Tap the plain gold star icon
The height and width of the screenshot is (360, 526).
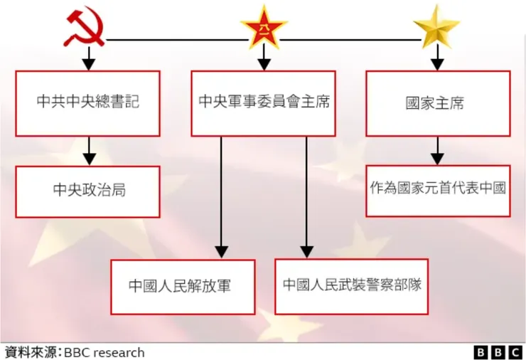coord(436,27)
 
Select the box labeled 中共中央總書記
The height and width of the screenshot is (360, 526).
coord(87,103)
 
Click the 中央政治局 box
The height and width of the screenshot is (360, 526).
coord(87,191)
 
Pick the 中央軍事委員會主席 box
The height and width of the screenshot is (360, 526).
coord(264,103)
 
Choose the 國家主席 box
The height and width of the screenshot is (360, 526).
coord(438,103)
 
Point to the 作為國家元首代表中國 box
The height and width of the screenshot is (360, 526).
coord(438,189)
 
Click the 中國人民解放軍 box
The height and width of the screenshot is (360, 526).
coord(183,287)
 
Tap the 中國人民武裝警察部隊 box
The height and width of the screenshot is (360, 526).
coord(351,285)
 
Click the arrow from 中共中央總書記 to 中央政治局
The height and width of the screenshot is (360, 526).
coord(88,151)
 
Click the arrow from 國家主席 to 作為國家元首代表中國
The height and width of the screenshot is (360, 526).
coord(437,150)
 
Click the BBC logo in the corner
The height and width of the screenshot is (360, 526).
coord(498,352)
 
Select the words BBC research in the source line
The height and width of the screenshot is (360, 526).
coord(105,352)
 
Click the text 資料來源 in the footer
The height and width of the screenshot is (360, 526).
coord(32,352)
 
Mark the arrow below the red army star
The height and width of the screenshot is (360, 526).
coord(264,59)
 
